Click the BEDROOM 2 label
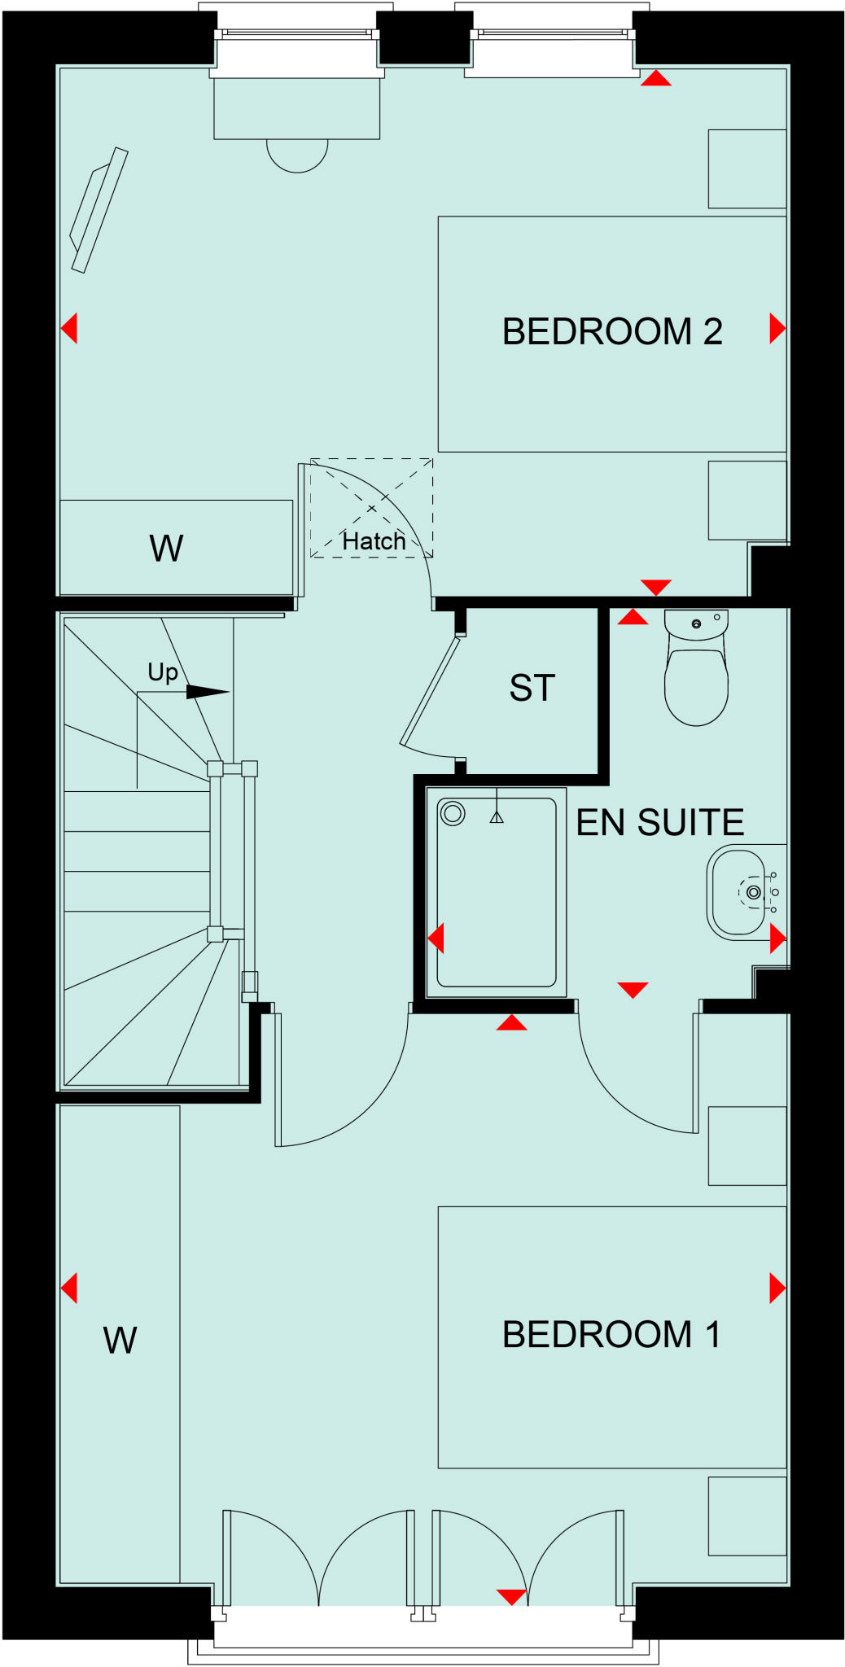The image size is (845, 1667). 612,332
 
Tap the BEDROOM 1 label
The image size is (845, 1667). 611,1335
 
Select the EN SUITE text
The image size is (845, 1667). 660,823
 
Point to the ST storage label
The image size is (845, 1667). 532,689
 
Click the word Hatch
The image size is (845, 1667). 374,541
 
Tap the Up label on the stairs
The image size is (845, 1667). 163,672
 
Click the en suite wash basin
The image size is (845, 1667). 738,892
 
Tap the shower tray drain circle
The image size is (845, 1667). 452,813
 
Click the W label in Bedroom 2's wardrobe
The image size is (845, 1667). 166,549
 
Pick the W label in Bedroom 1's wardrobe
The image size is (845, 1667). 120,1341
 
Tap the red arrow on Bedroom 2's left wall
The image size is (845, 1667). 70,329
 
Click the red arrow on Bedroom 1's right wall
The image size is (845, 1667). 777,1289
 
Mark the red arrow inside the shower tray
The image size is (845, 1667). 437,939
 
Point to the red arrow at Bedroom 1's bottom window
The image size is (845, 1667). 511,1596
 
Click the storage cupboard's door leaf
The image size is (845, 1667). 430,692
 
